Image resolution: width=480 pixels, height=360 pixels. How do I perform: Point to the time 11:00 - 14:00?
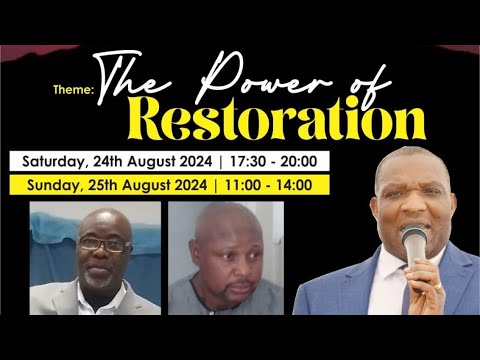(x=268, y=184)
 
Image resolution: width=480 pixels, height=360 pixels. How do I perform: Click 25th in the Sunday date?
(x=110, y=184)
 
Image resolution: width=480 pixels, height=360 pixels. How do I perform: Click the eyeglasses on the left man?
(x=103, y=244)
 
